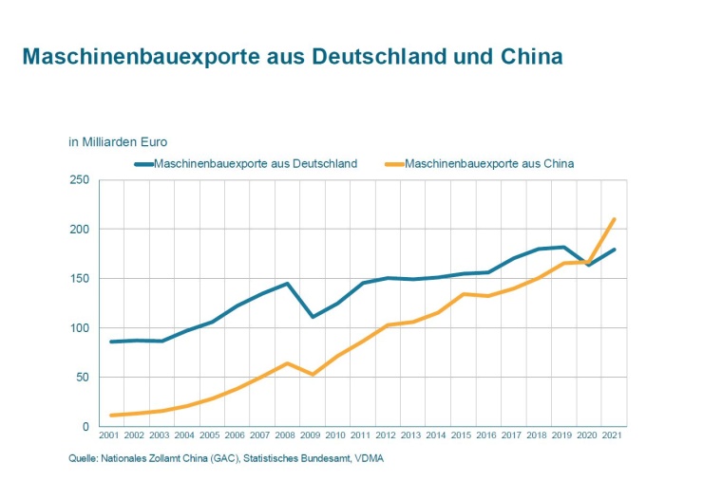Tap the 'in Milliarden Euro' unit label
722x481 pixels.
pos(118,142)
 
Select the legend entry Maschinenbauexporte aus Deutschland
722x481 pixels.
pos(255,163)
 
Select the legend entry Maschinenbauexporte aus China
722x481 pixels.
pos(489,163)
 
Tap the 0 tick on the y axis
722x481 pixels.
pos(85,427)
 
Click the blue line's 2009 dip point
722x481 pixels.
pos(313,317)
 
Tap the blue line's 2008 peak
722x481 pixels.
pos(287,284)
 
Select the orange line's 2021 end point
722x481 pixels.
pos(615,219)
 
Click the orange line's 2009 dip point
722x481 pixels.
pos(313,375)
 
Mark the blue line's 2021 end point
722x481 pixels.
pos(615,250)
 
